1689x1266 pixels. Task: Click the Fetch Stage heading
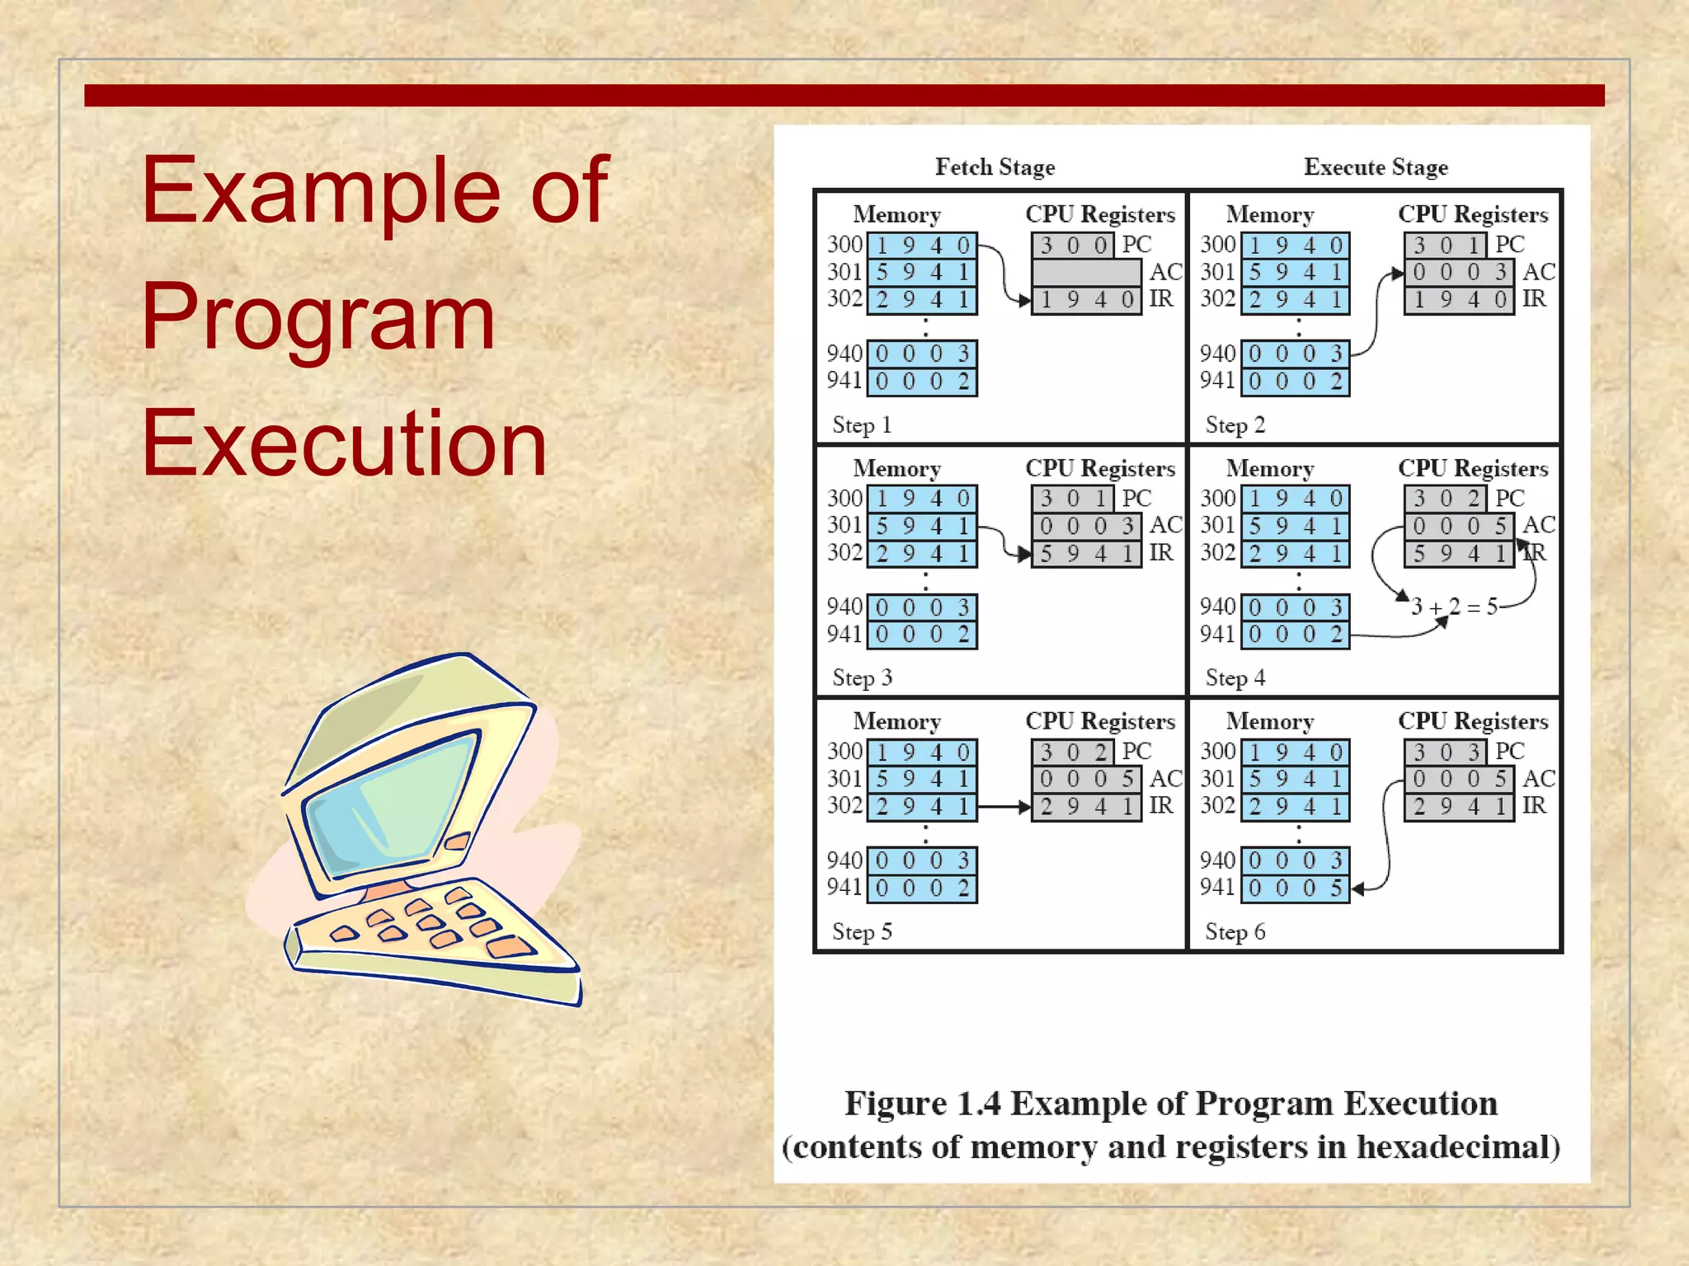tap(995, 167)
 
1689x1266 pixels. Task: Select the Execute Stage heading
tap(1375, 167)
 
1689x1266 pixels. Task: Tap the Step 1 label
tap(861, 425)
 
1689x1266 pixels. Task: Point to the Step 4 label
tap(1235, 678)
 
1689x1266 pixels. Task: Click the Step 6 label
tap(1235, 932)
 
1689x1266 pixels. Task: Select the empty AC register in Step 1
tap(1086, 272)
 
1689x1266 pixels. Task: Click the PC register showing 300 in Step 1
tap(1073, 246)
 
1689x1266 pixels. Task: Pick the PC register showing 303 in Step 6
tap(1445, 752)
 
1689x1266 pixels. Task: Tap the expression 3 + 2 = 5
tap(1454, 607)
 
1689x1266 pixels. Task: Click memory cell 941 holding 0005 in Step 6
tap(1295, 889)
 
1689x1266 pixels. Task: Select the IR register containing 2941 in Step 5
tap(1086, 807)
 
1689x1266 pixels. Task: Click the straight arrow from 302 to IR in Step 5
tap(1004, 807)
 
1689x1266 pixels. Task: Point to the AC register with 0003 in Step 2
tap(1459, 272)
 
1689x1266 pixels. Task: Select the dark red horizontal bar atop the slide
tap(844, 96)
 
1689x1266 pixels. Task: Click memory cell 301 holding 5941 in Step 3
tap(922, 526)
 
